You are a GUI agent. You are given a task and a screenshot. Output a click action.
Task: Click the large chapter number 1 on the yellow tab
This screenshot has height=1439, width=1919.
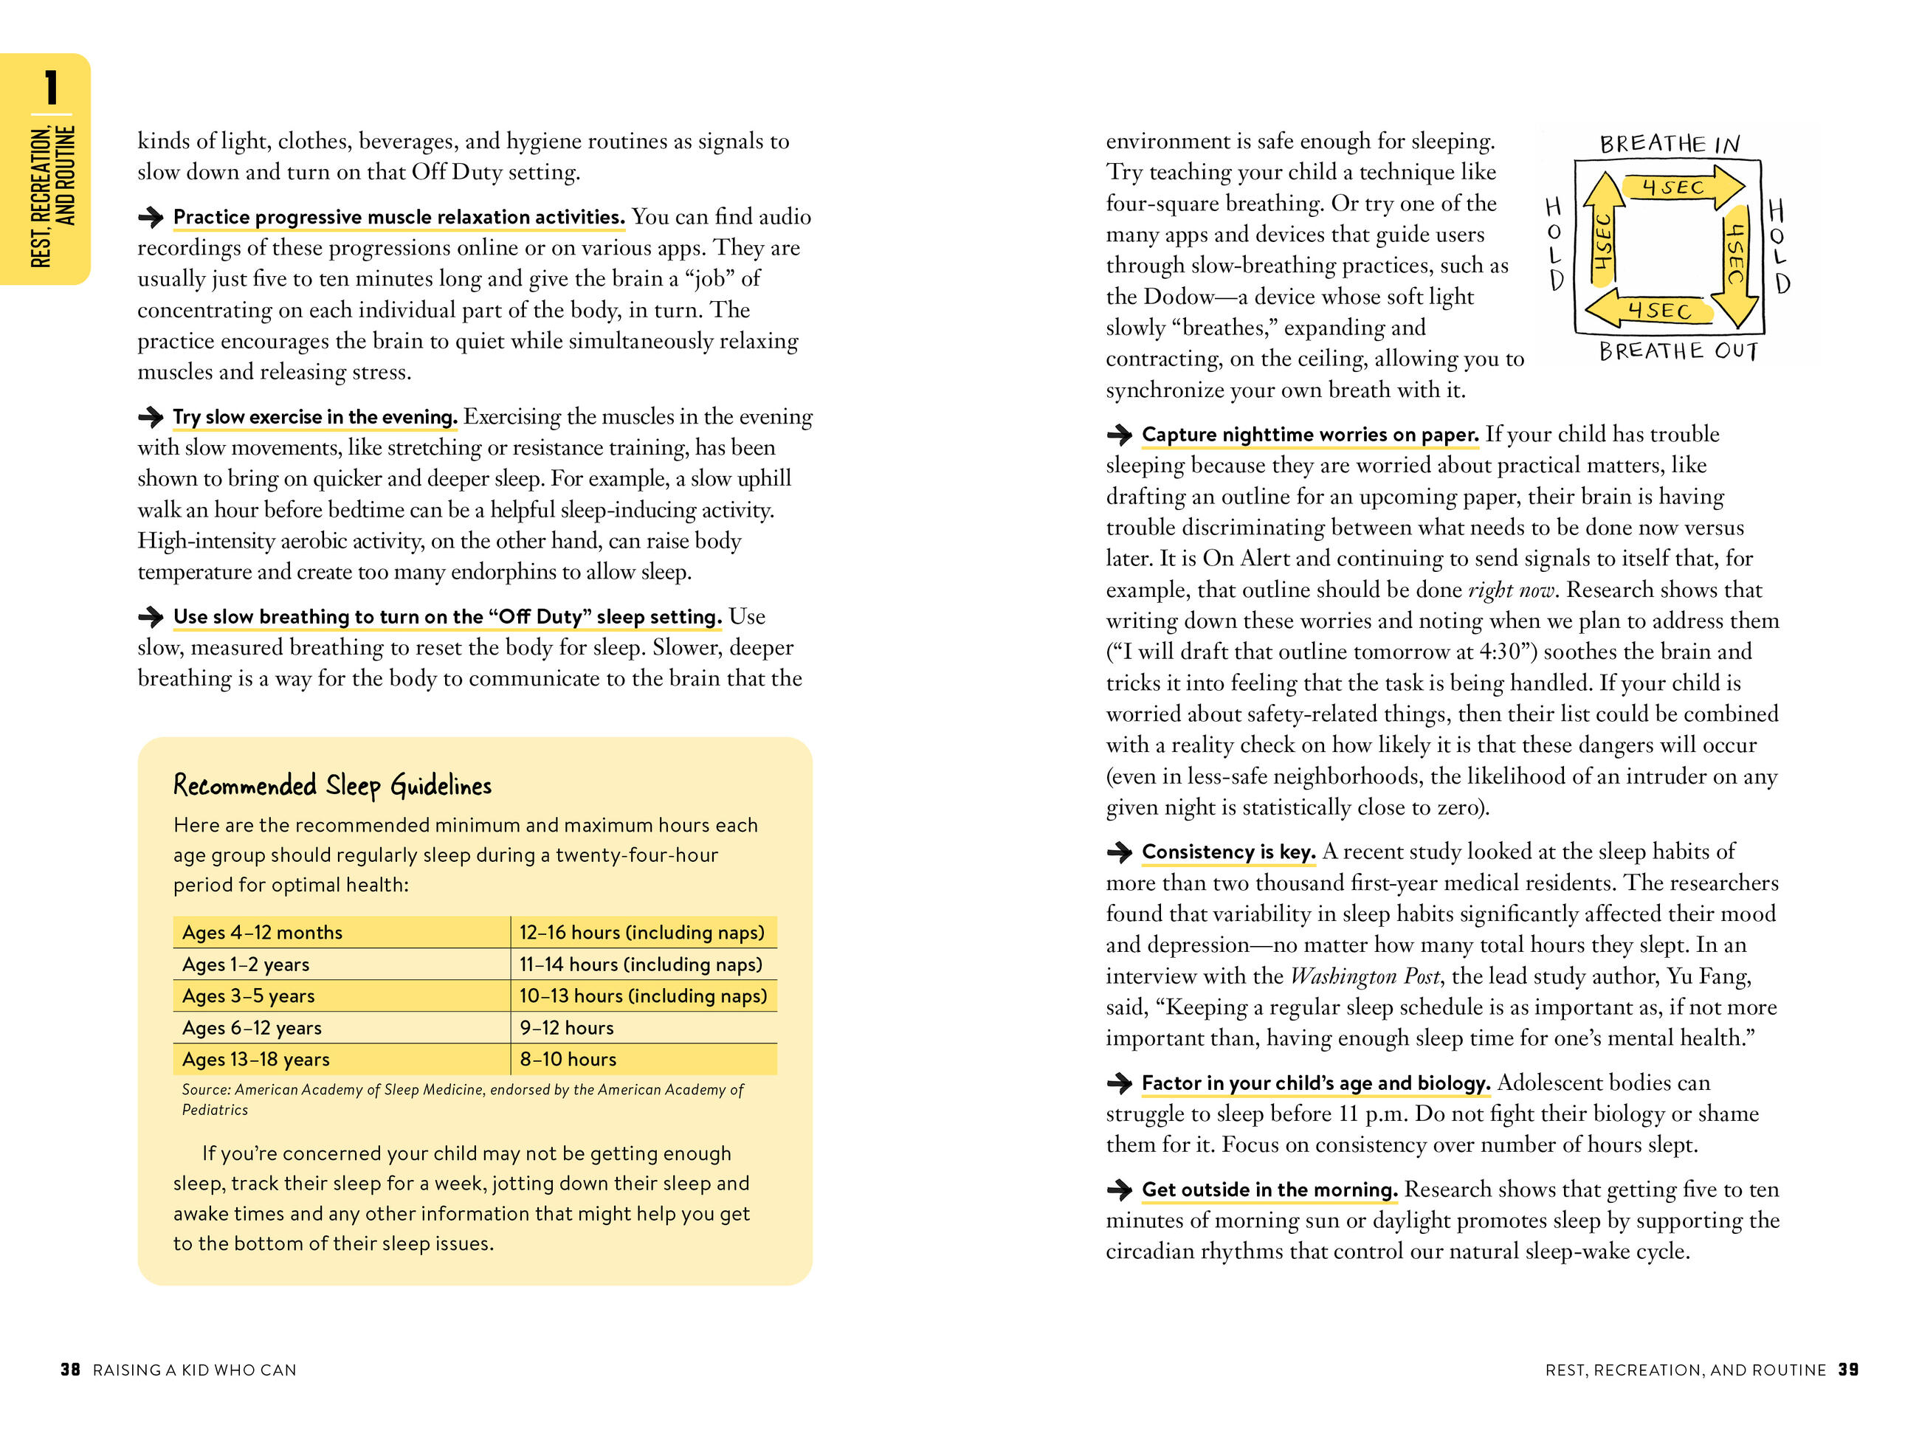pos(51,88)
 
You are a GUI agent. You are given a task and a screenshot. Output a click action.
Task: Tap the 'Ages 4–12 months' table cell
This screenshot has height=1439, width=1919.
pos(262,933)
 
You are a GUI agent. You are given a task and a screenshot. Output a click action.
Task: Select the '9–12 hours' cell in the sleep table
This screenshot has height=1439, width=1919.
pos(567,1028)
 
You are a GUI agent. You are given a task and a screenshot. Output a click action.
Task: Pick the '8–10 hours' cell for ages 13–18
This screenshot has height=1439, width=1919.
pos(568,1059)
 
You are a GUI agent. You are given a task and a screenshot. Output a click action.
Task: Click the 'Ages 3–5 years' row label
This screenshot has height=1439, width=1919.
pos(248,995)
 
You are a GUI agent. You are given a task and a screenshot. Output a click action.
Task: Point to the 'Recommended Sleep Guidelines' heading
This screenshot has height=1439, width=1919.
pos(332,786)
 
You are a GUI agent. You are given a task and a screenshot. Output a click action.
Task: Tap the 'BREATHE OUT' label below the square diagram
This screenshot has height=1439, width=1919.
pos(1678,351)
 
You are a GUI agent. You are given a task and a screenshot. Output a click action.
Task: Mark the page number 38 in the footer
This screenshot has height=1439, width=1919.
pos(70,1370)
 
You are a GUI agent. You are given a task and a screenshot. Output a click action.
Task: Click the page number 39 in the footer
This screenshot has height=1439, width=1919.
pos(1849,1370)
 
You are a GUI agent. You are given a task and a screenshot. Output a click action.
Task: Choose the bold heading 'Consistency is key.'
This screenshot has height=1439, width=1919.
pos(1228,852)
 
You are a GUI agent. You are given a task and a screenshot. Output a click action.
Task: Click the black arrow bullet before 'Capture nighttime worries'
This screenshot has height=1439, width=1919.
pos(1119,435)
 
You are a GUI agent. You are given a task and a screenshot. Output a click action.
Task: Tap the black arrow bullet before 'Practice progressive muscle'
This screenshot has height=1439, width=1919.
pos(151,217)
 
